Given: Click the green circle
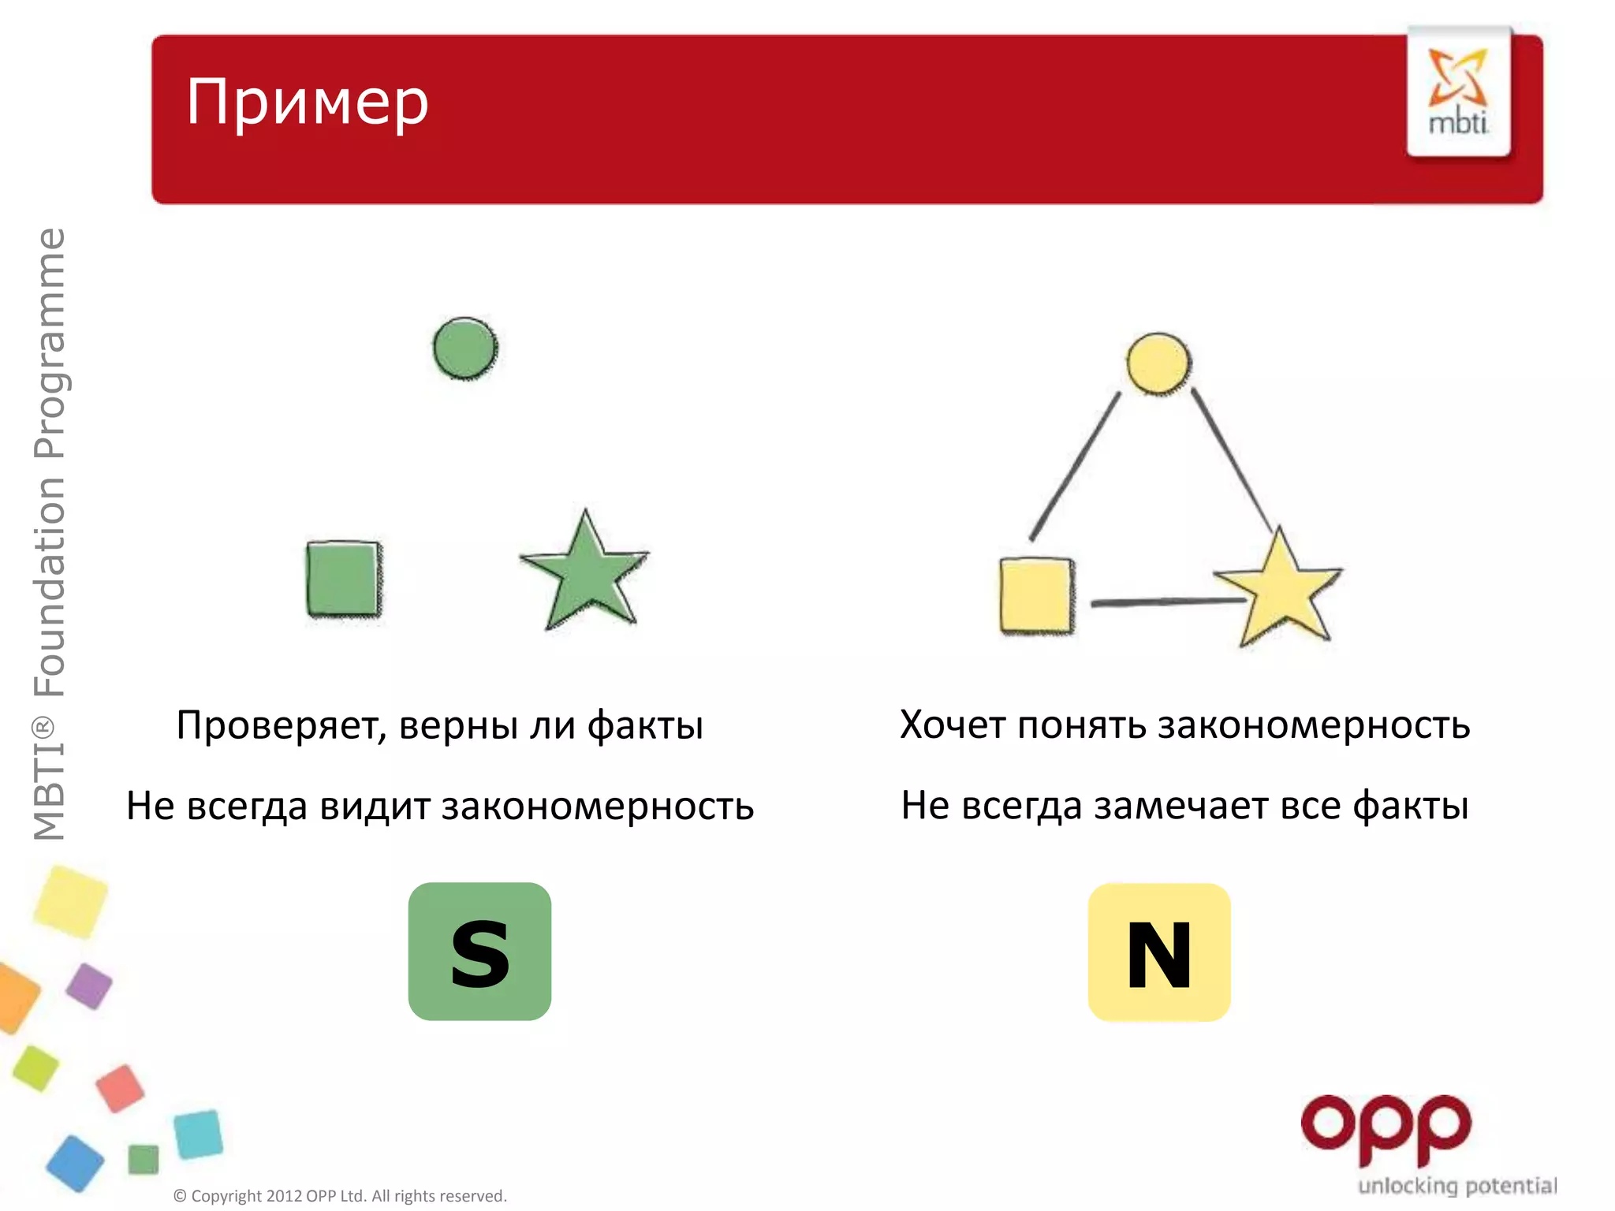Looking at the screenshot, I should coord(465,348).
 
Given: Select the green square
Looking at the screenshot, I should coord(344,578).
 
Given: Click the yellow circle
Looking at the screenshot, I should coord(1158,363).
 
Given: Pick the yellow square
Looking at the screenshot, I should coord(1037,596).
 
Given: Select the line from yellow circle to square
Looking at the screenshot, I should coord(1076,465).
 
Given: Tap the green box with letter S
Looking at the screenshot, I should coord(479,952).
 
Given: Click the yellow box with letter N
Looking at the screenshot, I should coord(1159,952).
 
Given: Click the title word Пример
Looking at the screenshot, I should coord(308,102).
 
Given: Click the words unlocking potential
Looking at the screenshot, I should coord(1457,1186).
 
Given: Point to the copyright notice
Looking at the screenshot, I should coord(340,1196).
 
